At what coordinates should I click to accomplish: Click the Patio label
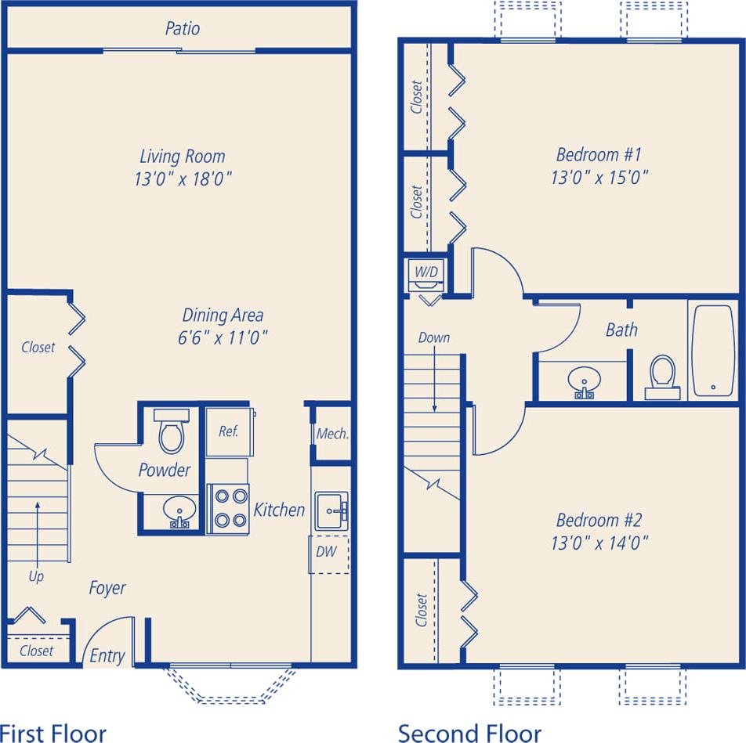[x=182, y=29]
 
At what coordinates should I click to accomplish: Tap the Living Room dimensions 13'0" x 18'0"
[x=182, y=179]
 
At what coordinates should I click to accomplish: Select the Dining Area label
[x=223, y=316]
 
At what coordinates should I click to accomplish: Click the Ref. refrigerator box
[x=228, y=431]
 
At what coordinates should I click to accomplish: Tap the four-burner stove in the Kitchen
[x=228, y=509]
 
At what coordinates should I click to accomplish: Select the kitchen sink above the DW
[x=330, y=512]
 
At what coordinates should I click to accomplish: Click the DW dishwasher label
[x=326, y=551]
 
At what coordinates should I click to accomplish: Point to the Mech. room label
[x=332, y=434]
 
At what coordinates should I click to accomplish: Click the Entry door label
[x=107, y=655]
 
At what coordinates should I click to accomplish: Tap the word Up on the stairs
[x=36, y=576]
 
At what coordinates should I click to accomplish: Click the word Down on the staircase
[x=434, y=337]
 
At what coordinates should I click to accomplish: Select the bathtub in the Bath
[x=712, y=351]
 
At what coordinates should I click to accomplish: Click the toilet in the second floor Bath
[x=663, y=374]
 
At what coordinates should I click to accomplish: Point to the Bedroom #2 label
[x=599, y=520]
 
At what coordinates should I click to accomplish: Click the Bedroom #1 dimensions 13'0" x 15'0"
[x=599, y=178]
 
